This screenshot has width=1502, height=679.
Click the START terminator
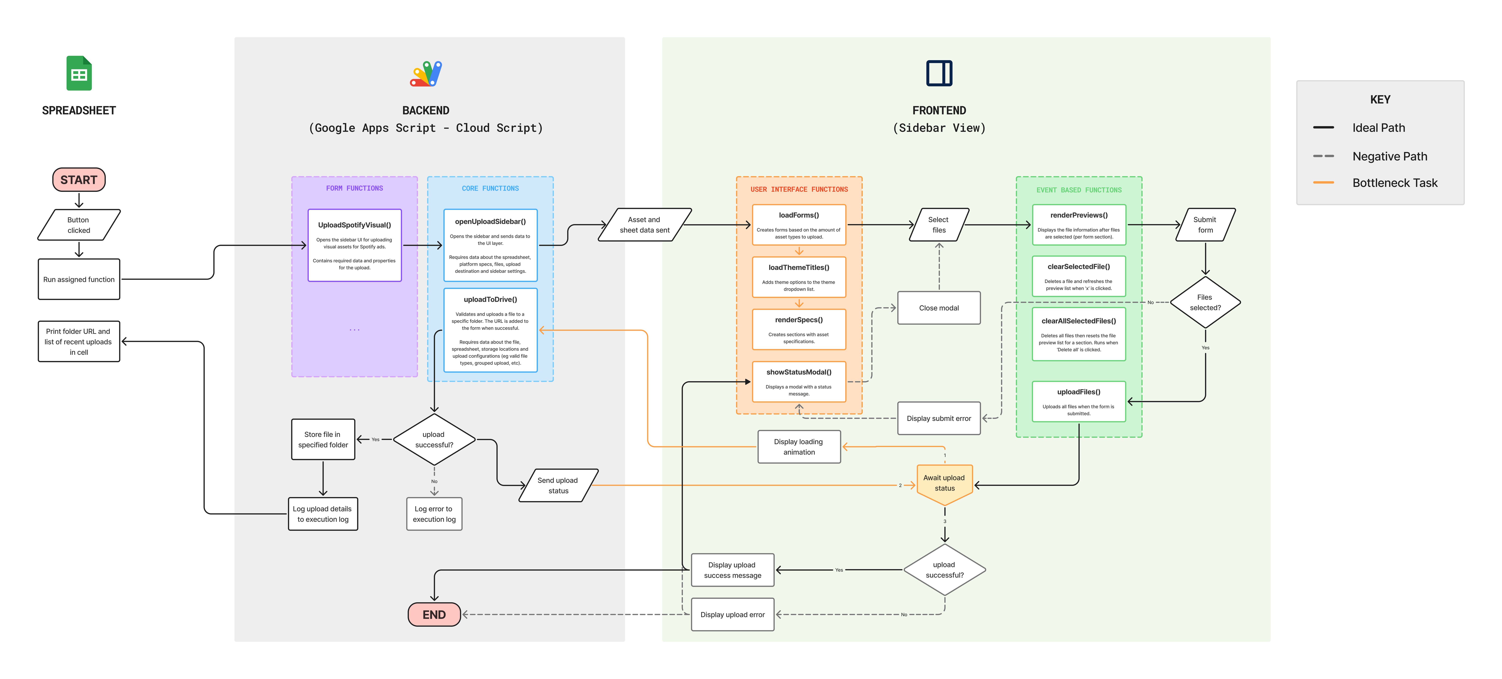(79, 180)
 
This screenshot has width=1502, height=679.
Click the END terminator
(434, 614)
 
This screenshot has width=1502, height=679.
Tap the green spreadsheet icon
(79, 74)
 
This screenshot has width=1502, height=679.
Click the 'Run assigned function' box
(79, 279)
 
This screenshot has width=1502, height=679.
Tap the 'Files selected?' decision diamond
(1205, 302)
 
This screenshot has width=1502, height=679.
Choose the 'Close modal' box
(939, 308)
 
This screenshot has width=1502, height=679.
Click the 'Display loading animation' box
(799, 447)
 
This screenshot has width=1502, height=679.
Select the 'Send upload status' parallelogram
(558, 485)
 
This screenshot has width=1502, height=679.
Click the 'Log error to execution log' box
(434, 514)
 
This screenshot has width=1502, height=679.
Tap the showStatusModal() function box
(799, 382)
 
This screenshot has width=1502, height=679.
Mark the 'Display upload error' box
(732, 614)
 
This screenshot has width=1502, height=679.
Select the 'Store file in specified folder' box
(323, 439)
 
